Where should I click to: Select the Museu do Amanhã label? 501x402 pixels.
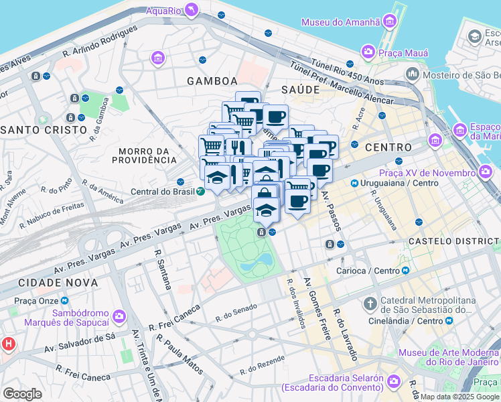pyautogui.click(x=340, y=22)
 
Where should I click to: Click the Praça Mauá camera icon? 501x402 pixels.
pyautogui.click(x=368, y=52)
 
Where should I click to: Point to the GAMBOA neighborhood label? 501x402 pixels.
pyautogui.click(x=212, y=80)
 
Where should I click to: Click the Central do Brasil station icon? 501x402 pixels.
pyautogui.click(x=201, y=191)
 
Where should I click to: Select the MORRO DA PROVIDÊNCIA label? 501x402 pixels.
pyautogui.click(x=144, y=155)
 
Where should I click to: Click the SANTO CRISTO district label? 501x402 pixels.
pyautogui.click(x=44, y=129)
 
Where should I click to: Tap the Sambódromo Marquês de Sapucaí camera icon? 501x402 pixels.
pyautogui.click(x=119, y=316)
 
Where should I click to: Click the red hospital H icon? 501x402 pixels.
pyautogui.click(x=9, y=344)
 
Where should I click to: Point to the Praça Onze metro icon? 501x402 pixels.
pyautogui.click(x=64, y=301)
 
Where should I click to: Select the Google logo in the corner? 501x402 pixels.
pyautogui.click(x=22, y=393)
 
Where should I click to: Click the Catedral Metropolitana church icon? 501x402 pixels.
pyautogui.click(x=369, y=304)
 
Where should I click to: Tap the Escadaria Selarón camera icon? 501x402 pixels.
pyautogui.click(x=395, y=381)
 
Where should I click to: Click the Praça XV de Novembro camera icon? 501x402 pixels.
pyautogui.click(x=486, y=173)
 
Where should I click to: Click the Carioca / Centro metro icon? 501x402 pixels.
pyautogui.click(x=406, y=271)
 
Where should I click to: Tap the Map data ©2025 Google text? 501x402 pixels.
pyautogui.click(x=460, y=397)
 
